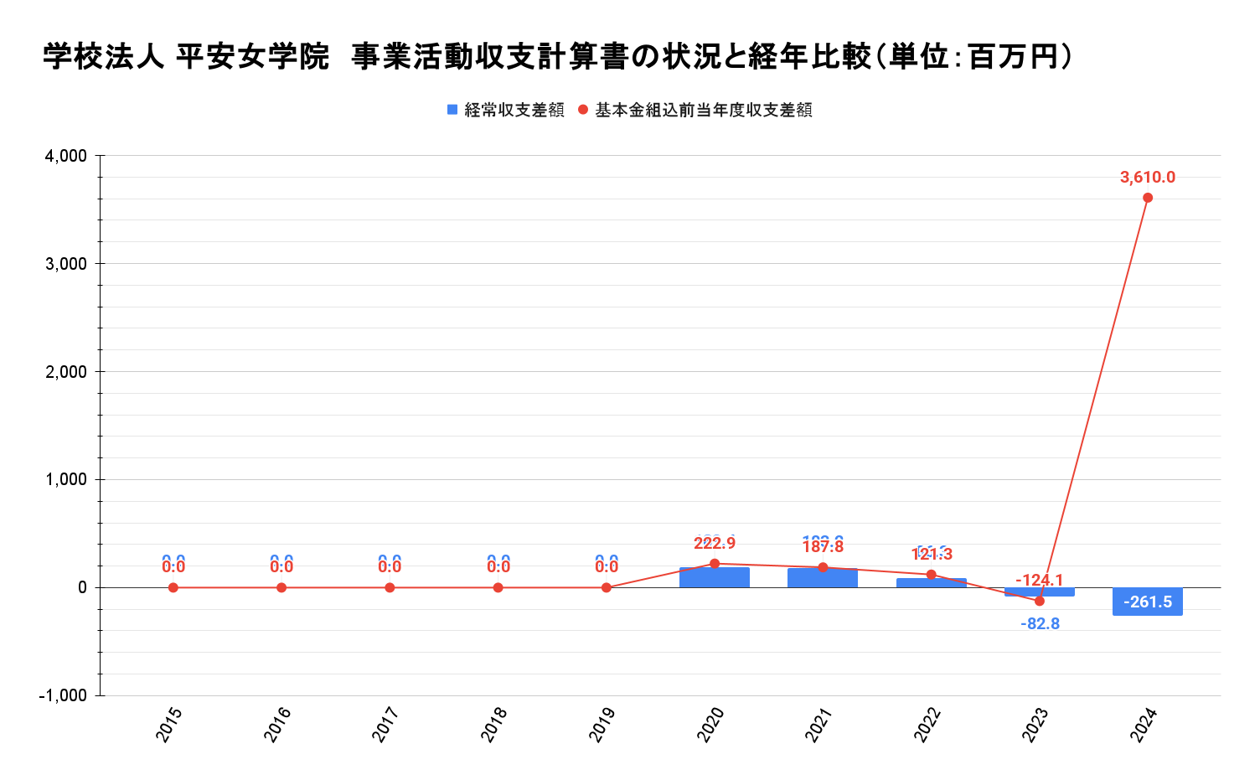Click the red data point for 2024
tap(1148, 198)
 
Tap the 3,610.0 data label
tap(1148, 178)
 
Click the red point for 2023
tap(1040, 601)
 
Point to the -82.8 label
tap(1040, 624)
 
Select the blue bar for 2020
tap(715, 578)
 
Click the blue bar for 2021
tap(823, 579)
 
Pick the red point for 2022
tap(931, 575)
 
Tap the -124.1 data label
tap(1040, 580)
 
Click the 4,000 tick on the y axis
tap(66, 156)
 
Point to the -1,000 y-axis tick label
tap(63, 695)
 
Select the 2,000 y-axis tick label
tap(66, 372)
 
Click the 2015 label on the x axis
tap(170, 724)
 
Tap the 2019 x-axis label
tap(603, 724)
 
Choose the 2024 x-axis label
tap(1144, 724)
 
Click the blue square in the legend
tap(452, 110)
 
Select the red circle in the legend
tap(583, 110)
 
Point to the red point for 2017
tap(390, 587)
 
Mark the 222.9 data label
tap(715, 544)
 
